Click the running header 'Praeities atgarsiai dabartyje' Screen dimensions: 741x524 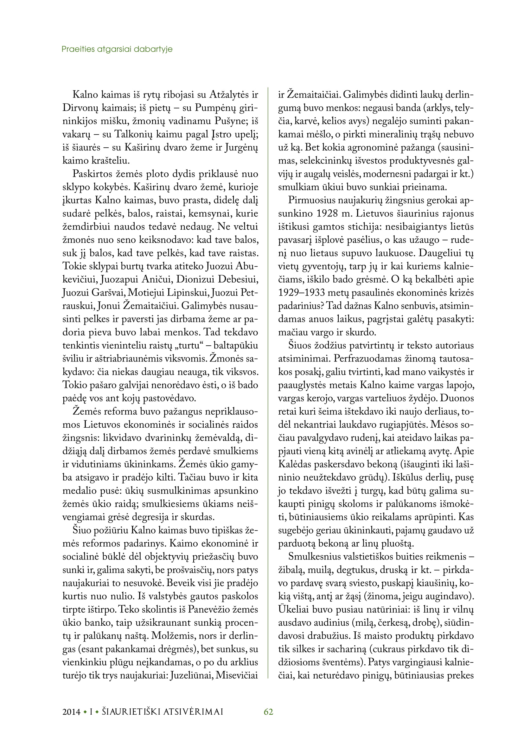point(117,49)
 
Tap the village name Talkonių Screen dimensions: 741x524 point(133,134)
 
